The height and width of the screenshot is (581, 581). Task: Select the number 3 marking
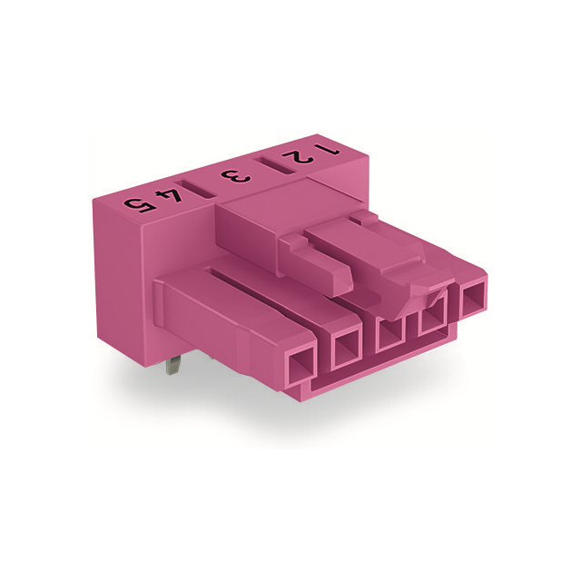pos(237,174)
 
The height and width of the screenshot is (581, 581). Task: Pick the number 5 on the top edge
pos(136,201)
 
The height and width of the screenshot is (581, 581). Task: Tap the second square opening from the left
pos(347,349)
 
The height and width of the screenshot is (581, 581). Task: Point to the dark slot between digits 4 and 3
pos(202,186)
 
